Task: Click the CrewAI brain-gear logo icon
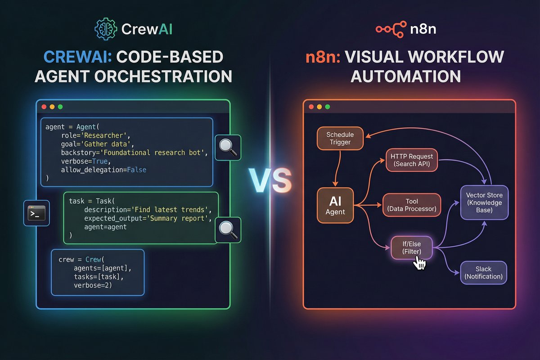click(105, 30)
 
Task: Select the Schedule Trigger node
click(340, 139)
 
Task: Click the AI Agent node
click(335, 205)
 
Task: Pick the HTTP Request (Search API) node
click(412, 160)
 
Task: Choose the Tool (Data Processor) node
click(412, 205)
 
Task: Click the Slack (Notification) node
click(483, 273)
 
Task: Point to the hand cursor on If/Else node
click(420, 263)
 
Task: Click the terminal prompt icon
click(36, 213)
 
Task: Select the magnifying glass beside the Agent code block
click(229, 147)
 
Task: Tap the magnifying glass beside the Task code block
click(229, 230)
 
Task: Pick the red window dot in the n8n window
click(310, 107)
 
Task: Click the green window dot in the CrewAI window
click(60, 107)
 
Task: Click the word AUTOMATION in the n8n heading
click(405, 76)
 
